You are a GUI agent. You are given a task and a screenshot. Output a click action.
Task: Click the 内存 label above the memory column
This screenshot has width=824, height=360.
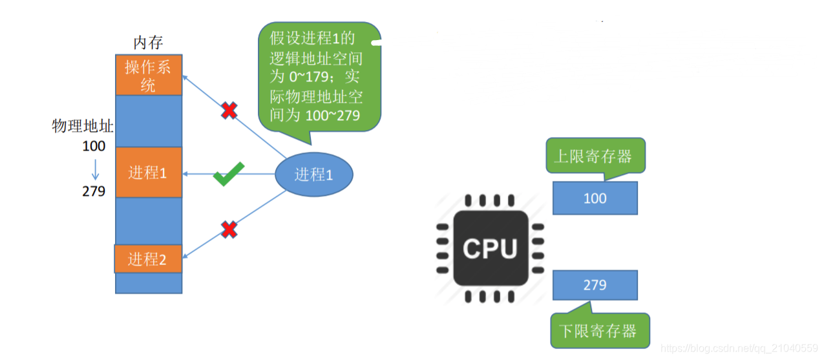[x=148, y=43]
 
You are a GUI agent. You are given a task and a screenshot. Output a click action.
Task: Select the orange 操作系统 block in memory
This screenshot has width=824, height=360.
[x=148, y=75]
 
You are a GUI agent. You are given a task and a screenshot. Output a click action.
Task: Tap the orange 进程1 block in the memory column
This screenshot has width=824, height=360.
[x=148, y=173]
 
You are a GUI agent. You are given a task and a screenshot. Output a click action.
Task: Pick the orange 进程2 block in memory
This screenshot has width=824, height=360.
[x=148, y=259]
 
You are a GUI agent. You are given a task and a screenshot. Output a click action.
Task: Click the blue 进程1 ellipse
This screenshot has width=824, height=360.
[x=313, y=175]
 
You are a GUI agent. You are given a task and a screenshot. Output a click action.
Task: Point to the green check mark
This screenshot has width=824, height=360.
[x=228, y=175]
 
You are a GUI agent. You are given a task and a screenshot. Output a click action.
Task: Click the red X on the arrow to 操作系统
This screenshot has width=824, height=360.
[x=229, y=111]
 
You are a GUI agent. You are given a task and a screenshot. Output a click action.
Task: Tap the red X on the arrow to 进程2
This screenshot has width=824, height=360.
[x=229, y=229]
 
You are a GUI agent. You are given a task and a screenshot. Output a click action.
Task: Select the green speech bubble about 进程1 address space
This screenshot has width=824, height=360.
[x=319, y=78]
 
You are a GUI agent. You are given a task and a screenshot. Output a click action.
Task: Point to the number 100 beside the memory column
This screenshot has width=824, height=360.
[x=94, y=146]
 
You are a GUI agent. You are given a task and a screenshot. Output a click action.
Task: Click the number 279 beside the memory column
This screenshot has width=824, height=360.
[x=94, y=191]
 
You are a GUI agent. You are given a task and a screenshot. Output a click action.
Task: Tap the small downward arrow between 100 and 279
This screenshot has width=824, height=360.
[x=95, y=169]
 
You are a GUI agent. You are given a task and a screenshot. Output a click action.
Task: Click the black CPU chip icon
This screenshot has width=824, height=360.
[x=490, y=248]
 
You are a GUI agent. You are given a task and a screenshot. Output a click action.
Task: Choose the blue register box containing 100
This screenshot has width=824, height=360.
[x=595, y=198]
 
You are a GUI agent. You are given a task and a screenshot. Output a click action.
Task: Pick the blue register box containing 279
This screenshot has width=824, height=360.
[x=595, y=285]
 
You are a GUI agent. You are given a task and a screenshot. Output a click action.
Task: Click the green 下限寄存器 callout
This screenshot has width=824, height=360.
[x=599, y=331]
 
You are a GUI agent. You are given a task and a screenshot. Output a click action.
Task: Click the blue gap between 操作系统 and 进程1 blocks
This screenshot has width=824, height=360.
[x=148, y=121]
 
